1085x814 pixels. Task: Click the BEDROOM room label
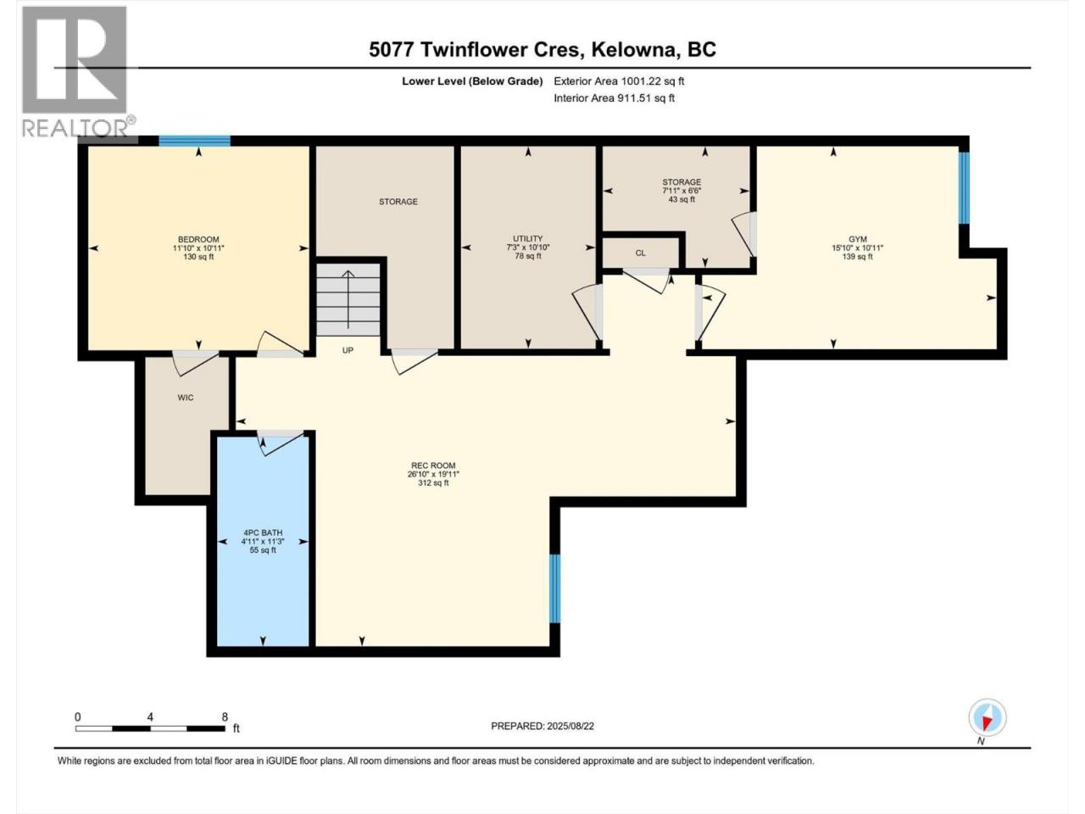198,239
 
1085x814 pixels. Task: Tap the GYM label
858,239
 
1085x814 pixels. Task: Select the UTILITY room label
527,238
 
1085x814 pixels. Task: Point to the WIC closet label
186,398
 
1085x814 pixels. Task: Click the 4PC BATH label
263,532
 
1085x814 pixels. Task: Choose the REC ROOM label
433,465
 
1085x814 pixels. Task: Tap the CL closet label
640,253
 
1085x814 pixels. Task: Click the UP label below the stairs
348,350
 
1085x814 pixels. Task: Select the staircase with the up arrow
348,299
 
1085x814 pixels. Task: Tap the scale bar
150,728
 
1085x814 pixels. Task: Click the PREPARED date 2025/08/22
542,726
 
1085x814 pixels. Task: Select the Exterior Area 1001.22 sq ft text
619,81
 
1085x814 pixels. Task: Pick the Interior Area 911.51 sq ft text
614,98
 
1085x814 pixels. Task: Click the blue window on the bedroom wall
195,141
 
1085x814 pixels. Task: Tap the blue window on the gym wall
964,187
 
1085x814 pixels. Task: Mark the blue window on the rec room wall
555,588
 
